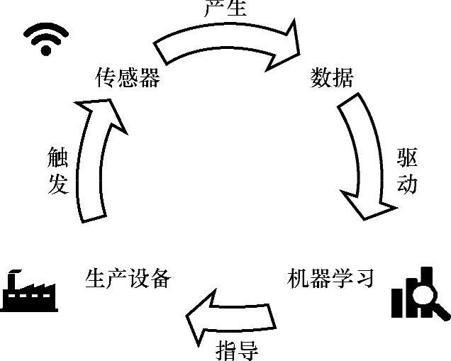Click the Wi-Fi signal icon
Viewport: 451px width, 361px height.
pos(45,39)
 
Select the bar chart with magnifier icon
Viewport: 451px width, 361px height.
pos(420,293)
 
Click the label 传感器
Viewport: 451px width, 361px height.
pos(128,77)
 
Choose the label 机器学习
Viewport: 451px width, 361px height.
pos(331,277)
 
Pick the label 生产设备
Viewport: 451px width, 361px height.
pos(128,277)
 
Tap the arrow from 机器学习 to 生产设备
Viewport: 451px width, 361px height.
pos(229,320)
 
